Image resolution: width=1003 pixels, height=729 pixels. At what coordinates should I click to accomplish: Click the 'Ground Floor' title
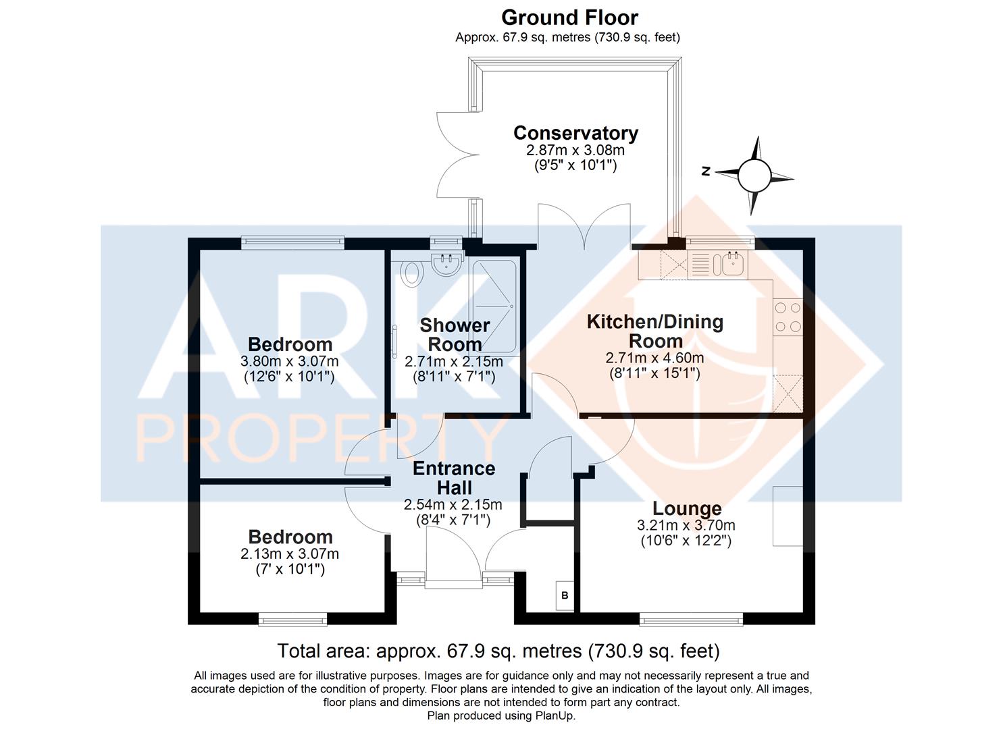tap(569, 18)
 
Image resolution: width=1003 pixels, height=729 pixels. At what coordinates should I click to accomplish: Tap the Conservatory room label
tap(576, 134)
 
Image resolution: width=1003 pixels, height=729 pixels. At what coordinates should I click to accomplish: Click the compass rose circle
tap(754, 176)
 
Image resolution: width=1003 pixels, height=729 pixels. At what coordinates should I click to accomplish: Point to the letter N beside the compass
tap(706, 171)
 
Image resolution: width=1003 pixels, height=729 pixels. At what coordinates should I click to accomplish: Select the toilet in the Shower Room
tap(413, 273)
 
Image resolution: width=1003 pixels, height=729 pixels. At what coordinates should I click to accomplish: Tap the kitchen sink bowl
tap(733, 263)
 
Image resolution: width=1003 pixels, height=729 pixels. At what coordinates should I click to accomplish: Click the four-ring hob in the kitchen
tap(788, 317)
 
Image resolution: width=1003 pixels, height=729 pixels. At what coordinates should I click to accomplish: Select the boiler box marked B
tap(565, 595)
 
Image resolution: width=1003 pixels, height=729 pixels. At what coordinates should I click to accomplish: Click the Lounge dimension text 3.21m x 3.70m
tap(686, 525)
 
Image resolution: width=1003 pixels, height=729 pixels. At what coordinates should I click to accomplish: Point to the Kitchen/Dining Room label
tap(655, 331)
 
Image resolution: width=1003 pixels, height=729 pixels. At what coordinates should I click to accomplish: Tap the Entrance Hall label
tap(454, 477)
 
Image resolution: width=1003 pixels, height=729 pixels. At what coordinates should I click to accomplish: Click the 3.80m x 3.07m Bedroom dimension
tap(289, 360)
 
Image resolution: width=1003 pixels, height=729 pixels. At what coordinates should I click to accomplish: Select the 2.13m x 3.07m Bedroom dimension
tap(290, 553)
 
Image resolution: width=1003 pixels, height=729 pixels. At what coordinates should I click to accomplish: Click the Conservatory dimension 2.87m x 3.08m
tap(575, 149)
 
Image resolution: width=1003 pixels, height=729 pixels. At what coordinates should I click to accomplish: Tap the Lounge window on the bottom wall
tap(691, 620)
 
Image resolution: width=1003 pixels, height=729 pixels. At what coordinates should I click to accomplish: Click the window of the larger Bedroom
tap(293, 242)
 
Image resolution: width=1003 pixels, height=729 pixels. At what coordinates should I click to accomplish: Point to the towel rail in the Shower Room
tap(394, 342)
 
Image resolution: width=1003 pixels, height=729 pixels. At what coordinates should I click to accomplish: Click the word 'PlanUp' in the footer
tap(555, 715)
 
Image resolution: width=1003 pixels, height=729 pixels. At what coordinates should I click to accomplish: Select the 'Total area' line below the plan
tap(498, 651)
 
